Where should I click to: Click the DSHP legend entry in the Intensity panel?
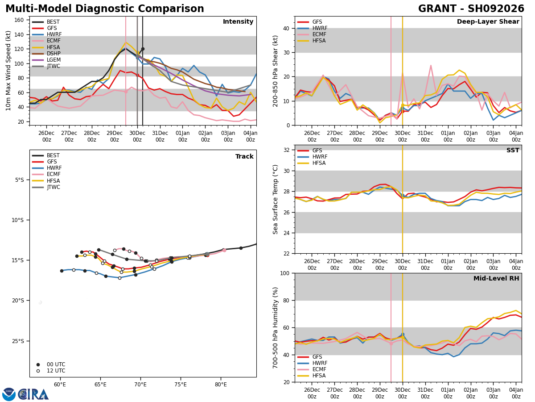coord(46,54)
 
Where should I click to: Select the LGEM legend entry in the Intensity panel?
coord(46,60)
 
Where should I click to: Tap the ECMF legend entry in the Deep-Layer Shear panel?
coord(312,34)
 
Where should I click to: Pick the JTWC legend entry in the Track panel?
coord(46,187)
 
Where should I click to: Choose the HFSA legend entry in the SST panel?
coord(312,163)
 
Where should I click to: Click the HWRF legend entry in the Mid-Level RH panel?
coord(313,363)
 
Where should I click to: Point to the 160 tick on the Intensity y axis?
coord(19,20)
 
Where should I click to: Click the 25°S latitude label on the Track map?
coord(18,341)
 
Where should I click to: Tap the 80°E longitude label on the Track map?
coord(221,385)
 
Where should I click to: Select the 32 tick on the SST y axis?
coord(286,150)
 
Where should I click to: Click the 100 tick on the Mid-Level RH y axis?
coord(285,273)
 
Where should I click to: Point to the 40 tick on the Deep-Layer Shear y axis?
coord(286,28)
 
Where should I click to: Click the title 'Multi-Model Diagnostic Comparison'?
coord(105,9)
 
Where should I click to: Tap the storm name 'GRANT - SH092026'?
coord(471,9)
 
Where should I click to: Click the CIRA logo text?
coord(33,394)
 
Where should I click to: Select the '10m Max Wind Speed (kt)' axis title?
coord(8,71)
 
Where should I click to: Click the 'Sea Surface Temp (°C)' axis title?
coord(275,199)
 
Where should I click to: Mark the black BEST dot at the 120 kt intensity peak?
coord(143,49)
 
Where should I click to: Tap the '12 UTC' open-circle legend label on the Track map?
coord(56,371)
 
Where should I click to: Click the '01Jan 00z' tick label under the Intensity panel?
coord(182,136)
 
